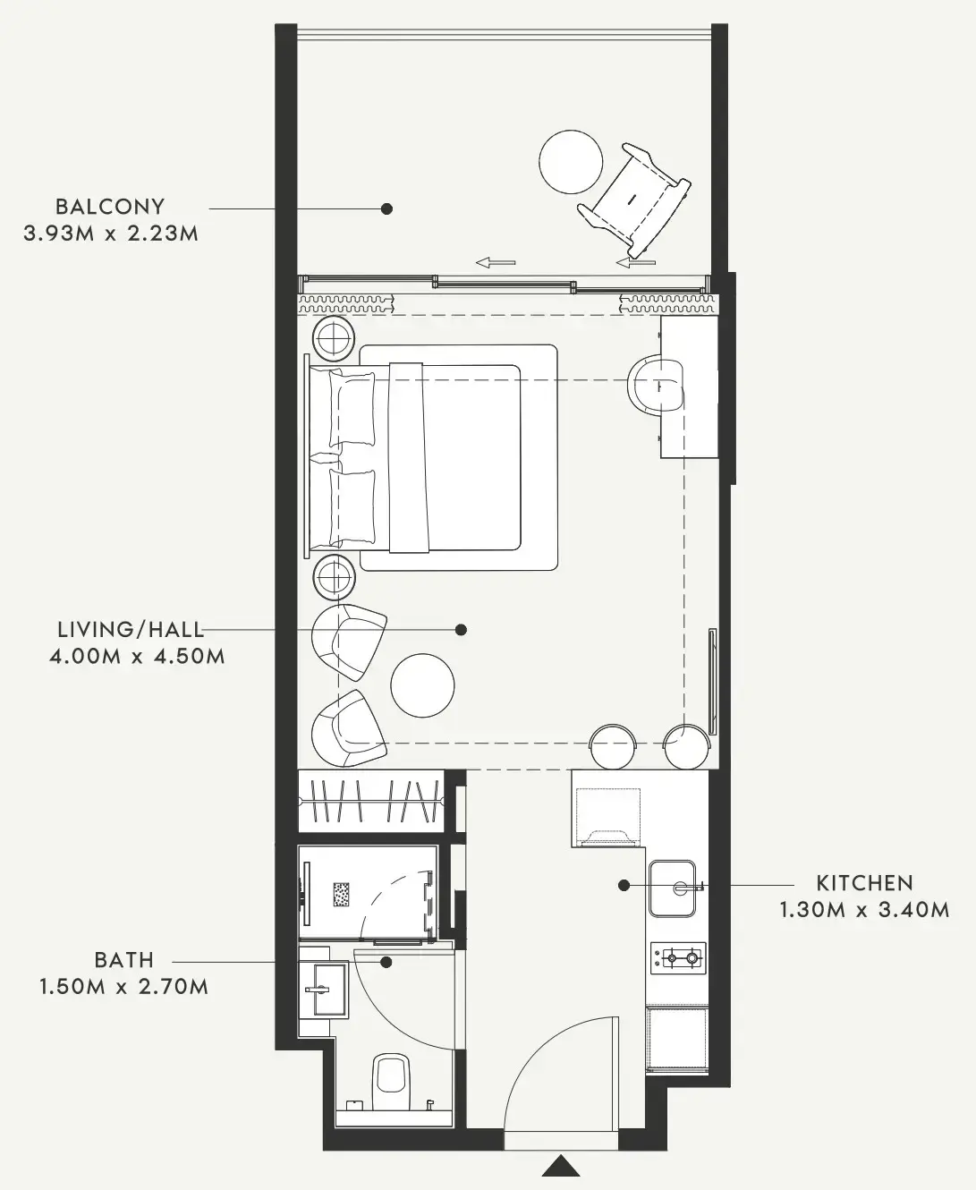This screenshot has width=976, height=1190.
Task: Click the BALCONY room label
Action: tap(110, 207)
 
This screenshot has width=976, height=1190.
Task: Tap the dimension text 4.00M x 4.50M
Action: tap(137, 656)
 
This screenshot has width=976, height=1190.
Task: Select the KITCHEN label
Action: tap(864, 883)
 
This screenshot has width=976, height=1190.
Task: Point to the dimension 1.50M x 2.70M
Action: tap(124, 987)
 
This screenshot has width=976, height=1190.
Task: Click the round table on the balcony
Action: tap(571, 161)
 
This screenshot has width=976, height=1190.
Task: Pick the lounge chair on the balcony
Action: tap(634, 199)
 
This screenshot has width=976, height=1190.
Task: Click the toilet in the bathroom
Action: tap(390, 1084)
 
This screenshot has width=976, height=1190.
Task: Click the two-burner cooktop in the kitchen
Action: tap(678, 957)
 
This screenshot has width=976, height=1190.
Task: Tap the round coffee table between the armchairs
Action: tap(422, 685)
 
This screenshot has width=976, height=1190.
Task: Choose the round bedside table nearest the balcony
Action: tap(334, 338)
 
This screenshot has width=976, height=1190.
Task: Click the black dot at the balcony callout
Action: tap(386, 208)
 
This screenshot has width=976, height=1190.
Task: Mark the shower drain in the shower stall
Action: tap(342, 895)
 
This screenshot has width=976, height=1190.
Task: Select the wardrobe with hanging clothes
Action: tap(370, 801)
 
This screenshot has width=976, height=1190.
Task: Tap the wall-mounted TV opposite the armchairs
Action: tap(712, 681)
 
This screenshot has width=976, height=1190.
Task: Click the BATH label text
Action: tap(124, 960)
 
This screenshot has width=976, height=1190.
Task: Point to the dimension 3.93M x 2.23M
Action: tap(111, 233)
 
